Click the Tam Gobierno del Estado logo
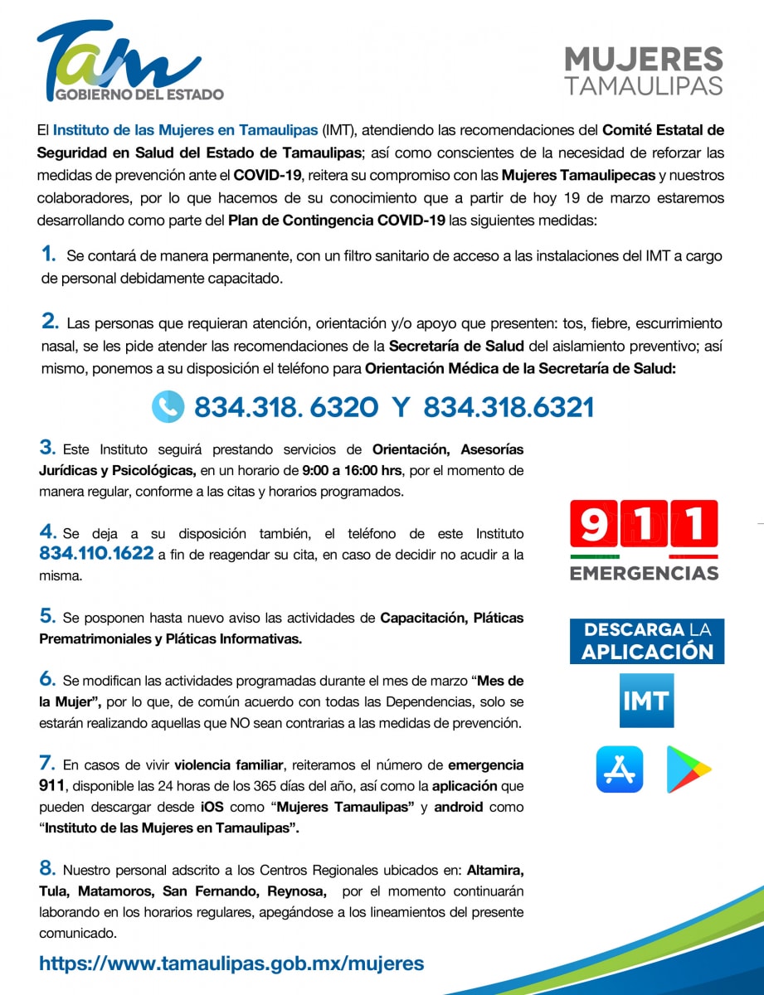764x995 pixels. [x=129, y=62]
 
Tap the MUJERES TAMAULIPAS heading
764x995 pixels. [x=643, y=71]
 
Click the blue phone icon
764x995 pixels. [x=168, y=406]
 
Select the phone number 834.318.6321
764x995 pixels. [x=509, y=407]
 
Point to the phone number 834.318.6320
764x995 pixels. [x=286, y=407]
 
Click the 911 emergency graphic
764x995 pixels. [x=644, y=526]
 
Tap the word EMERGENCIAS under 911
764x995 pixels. [x=644, y=573]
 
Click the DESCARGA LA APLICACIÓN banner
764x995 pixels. [x=646, y=641]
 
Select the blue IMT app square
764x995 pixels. [x=646, y=701]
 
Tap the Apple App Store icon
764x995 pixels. [x=619, y=769]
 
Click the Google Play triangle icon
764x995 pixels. [x=689, y=769]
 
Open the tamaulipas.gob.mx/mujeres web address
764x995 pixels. [x=231, y=963]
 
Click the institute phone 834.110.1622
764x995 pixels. [x=96, y=553]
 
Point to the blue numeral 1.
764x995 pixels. [x=49, y=255]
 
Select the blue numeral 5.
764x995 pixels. [x=47, y=616]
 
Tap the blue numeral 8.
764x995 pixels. [x=47, y=869]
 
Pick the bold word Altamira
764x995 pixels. [x=494, y=871]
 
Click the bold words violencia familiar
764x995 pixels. [x=222, y=764]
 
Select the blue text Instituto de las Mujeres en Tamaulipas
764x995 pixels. [x=185, y=130]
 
